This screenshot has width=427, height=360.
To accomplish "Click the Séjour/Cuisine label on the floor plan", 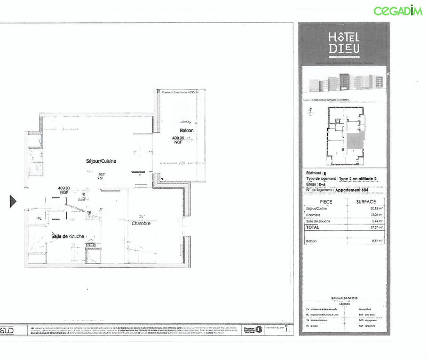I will tap(101, 161).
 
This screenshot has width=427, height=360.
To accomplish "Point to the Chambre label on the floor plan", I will tap(141, 223).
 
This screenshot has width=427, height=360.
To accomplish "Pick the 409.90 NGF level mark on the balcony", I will tap(178, 140).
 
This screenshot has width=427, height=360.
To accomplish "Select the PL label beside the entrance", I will tap(39, 219).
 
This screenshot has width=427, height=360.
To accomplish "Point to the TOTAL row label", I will tap(313, 226).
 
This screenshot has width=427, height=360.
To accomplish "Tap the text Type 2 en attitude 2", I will tap(361, 179).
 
